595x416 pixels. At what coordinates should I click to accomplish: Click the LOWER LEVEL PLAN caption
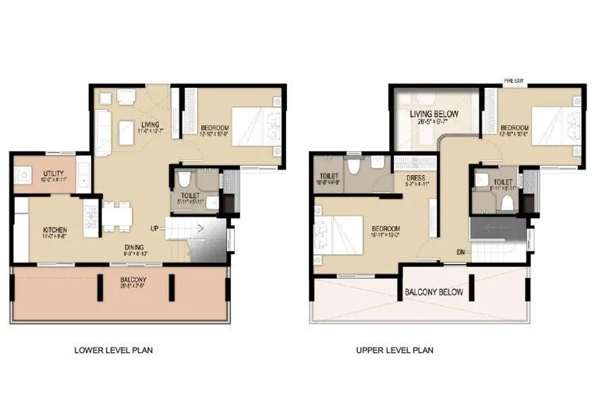[113, 351]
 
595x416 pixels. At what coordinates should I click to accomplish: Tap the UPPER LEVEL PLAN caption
[395, 351]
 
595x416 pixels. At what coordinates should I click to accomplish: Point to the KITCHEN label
[55, 230]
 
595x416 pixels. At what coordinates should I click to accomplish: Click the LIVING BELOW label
[434, 114]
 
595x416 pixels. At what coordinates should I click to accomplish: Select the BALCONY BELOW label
[434, 293]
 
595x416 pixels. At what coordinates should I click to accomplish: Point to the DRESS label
[413, 177]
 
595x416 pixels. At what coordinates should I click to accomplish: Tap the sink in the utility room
[23, 175]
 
